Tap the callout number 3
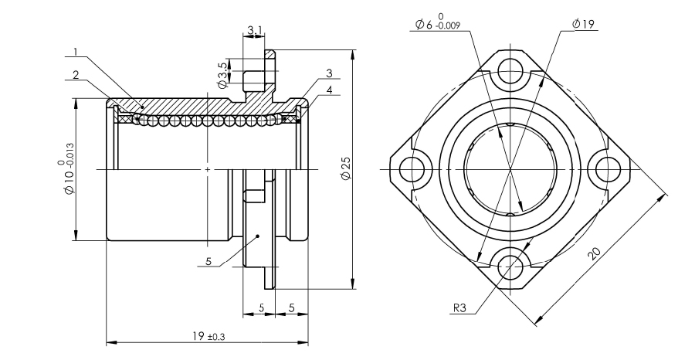pos(329,73)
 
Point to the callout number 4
pos(329,90)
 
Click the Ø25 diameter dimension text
pos(346,168)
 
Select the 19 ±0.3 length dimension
pos(205,337)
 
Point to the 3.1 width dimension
pos(255,30)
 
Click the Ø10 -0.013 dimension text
pos(65,168)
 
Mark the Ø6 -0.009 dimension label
pos(438,22)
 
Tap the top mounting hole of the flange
pos(510,71)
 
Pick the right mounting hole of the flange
pos(607,168)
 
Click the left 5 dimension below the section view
pos(261,307)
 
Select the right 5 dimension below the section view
pos(292,307)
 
